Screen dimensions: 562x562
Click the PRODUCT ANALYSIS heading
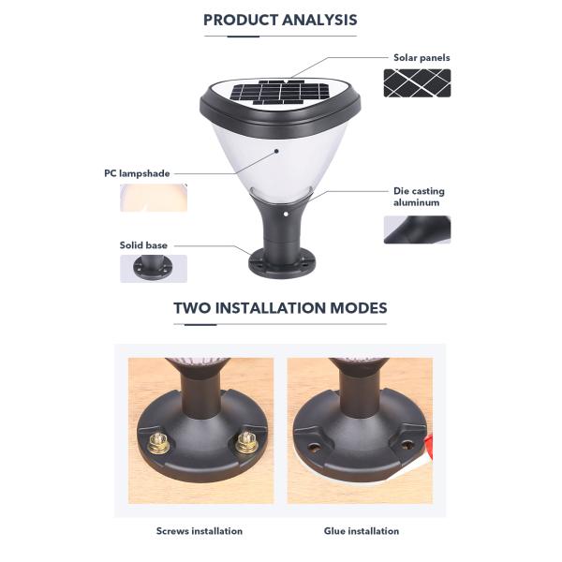point(280,20)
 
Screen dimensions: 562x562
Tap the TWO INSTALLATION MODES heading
point(280,308)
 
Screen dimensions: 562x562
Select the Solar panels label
point(421,58)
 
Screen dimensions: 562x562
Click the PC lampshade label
point(137,173)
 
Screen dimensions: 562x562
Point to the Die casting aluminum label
point(419,197)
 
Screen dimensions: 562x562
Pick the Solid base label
point(143,245)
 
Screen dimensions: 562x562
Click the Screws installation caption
point(200,531)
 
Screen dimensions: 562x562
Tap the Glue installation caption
point(362,531)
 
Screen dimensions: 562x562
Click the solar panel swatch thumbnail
point(417,83)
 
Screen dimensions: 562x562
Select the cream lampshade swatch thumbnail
point(154,198)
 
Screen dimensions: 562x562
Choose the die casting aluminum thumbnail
point(417,229)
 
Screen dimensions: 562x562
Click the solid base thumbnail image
point(154,269)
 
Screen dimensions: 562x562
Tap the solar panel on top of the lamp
point(279,93)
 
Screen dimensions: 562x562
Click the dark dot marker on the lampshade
point(276,151)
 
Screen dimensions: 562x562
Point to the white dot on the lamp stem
point(286,214)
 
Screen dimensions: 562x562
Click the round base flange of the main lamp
point(282,265)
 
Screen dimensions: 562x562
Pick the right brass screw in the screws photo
point(246,442)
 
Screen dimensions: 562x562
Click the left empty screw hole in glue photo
point(315,448)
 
